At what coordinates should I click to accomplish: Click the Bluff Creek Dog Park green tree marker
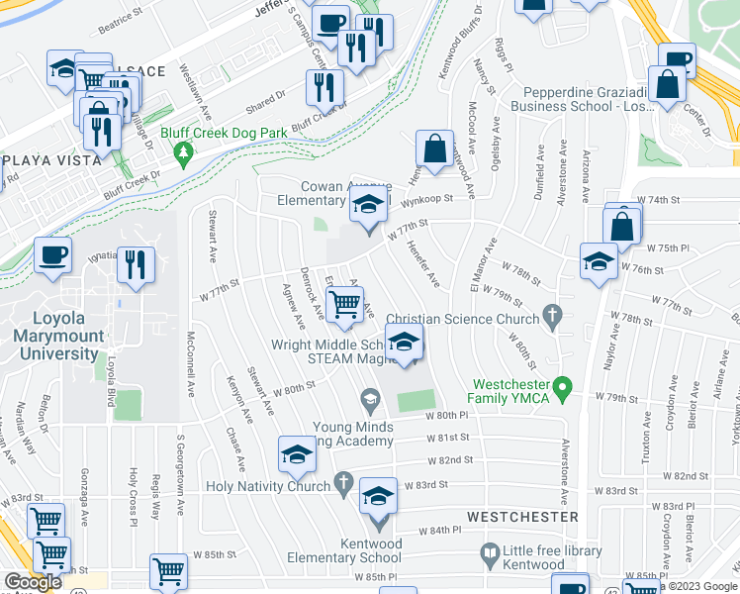(x=182, y=153)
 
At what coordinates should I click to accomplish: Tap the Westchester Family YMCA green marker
(x=563, y=386)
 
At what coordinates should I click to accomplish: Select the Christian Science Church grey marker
(x=553, y=319)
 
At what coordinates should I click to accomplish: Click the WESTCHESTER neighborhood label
(x=521, y=517)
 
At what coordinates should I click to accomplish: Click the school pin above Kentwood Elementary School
(x=377, y=497)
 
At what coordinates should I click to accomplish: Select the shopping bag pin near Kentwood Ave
(x=434, y=149)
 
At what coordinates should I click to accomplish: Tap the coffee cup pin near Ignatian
(x=53, y=255)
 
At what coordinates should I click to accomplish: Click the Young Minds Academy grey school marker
(x=370, y=401)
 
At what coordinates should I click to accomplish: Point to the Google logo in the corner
(x=33, y=582)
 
